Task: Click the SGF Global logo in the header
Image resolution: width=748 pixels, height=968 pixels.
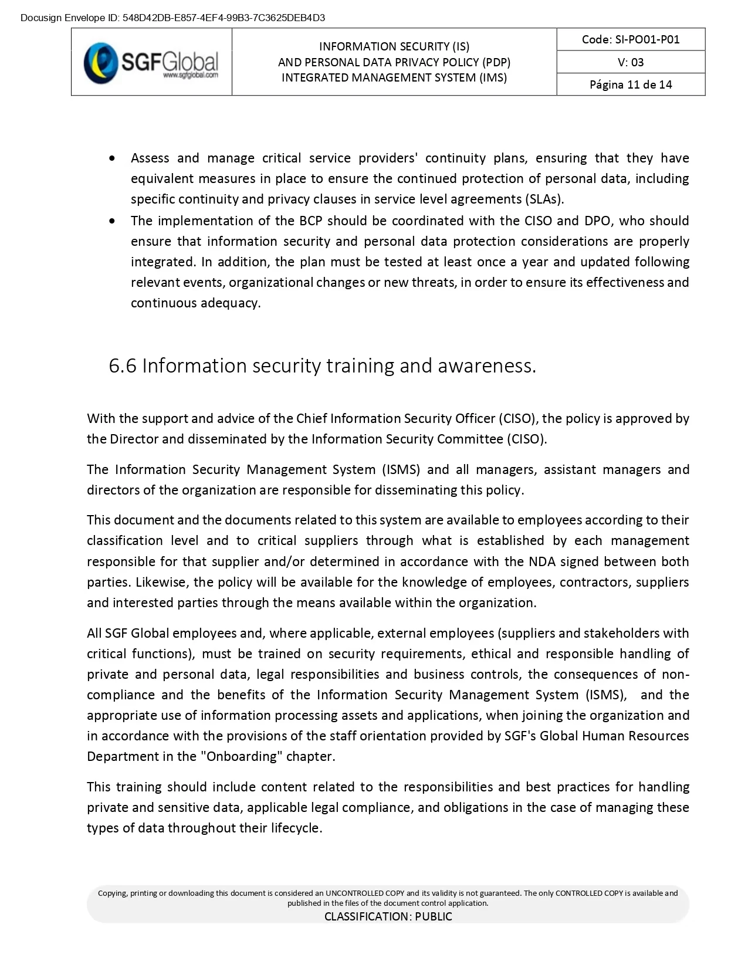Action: click(x=151, y=62)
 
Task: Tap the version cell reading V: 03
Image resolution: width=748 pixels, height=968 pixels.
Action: click(x=631, y=62)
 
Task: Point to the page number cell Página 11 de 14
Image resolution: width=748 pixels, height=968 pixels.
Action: click(x=631, y=84)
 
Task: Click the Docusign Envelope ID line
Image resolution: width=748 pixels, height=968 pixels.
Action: click(x=172, y=18)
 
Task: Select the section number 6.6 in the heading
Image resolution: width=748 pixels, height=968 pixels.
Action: click(x=122, y=365)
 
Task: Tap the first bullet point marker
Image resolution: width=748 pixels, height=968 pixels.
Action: click(x=113, y=158)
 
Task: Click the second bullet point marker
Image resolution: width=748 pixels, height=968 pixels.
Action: click(x=113, y=221)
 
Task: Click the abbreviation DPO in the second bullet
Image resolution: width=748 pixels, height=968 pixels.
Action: click(x=597, y=221)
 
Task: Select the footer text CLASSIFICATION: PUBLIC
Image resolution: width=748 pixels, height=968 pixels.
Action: click(x=388, y=916)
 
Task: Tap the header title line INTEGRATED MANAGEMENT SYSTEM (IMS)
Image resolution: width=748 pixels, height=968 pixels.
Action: click(x=394, y=77)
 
